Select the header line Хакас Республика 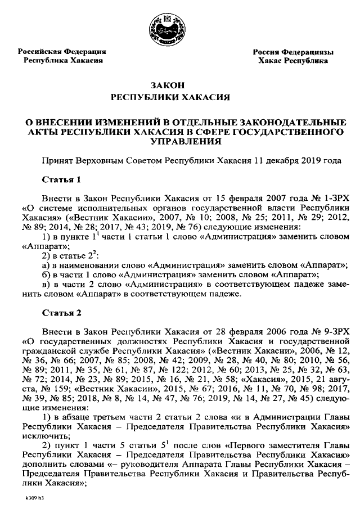[293, 60]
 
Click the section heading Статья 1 [62, 180]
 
